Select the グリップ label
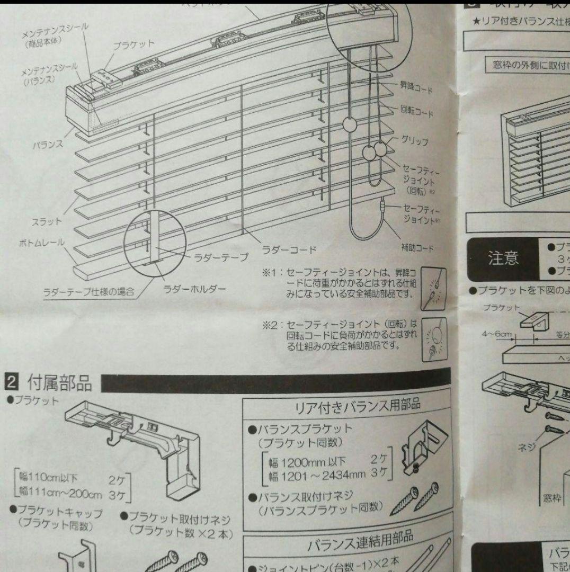tap(415, 141)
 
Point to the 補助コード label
tap(417, 247)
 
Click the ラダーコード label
tap(289, 248)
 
